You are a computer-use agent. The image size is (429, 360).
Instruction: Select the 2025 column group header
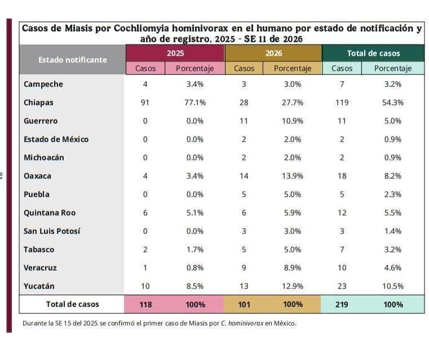pyautogui.click(x=175, y=53)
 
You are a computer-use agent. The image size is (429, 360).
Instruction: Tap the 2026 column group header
pyautogui.click(x=273, y=53)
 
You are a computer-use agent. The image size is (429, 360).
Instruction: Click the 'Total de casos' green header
pyautogui.click(x=373, y=53)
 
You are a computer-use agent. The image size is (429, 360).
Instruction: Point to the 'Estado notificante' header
pyautogui.click(x=72, y=60)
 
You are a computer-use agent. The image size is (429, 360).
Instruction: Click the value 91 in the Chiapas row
pyautogui.click(x=145, y=103)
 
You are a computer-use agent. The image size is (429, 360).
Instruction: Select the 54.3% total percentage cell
pyautogui.click(x=392, y=103)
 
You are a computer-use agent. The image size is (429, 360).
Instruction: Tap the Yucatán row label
pyautogui.click(x=39, y=286)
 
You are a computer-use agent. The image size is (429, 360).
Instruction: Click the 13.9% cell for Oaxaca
pyautogui.click(x=292, y=176)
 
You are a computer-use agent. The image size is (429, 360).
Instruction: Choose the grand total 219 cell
pyautogui.click(x=341, y=304)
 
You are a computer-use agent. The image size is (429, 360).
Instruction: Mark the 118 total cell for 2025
pyautogui.click(x=145, y=304)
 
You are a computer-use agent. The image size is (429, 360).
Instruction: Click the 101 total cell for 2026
pyautogui.click(x=244, y=304)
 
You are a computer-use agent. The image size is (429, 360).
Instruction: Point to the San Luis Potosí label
pyautogui.click(x=52, y=231)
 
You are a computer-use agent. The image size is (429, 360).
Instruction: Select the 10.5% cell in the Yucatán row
pyautogui.click(x=392, y=286)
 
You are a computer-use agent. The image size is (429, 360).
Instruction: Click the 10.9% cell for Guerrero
pyautogui.click(x=292, y=121)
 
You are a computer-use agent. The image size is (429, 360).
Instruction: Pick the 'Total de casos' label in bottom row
pyautogui.click(x=72, y=304)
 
